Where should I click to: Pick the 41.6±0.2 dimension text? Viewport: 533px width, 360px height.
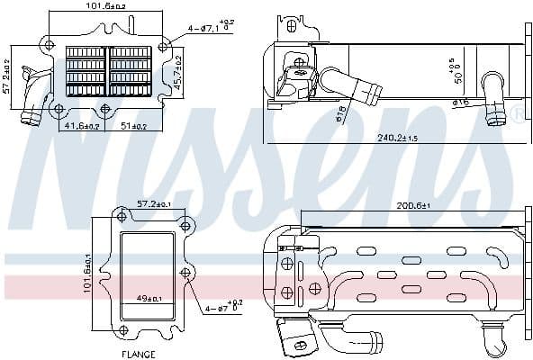tap(83, 127)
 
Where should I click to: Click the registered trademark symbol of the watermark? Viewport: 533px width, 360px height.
tap(518, 113)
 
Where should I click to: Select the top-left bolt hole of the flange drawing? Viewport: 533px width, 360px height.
tap(121, 215)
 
